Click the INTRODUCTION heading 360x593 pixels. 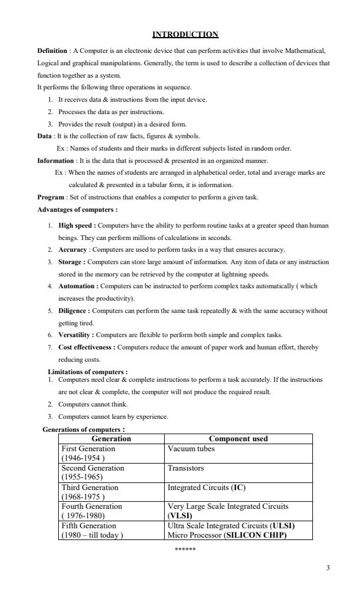pyautogui.click(x=185, y=35)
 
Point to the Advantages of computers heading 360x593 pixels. pyautogui.click(x=77, y=209)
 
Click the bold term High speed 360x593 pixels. pyautogui.click(x=76, y=225)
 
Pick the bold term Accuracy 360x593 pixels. pyautogui.click(x=73, y=249)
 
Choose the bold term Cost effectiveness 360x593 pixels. pyautogui.click(x=86, y=347)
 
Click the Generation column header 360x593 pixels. pyautogui.click(x=111, y=439)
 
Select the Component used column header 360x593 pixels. pyautogui.click(x=238, y=439)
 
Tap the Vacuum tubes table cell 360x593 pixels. pyautogui.click(x=191, y=448)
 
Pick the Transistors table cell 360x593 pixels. pyautogui.click(x=186, y=468)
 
